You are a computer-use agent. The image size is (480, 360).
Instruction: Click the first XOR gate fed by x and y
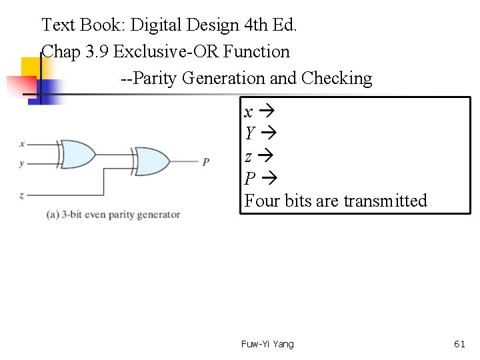[77, 154]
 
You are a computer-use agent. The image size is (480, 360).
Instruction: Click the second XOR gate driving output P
[151, 161]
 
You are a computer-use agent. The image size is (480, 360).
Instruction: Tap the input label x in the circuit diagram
[22, 143]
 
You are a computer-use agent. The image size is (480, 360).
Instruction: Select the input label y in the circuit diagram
[22, 163]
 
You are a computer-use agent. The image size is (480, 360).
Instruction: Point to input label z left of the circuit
[22, 195]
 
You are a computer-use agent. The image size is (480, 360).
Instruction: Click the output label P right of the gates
[206, 161]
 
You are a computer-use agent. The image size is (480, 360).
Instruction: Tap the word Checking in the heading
[337, 79]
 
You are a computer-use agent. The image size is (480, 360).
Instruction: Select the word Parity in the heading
[156, 79]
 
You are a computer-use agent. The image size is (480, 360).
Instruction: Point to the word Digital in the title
[157, 25]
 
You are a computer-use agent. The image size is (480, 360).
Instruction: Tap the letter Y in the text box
[249, 134]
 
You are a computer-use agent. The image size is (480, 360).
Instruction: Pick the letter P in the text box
[250, 179]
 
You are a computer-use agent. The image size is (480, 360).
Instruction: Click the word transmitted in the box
[385, 201]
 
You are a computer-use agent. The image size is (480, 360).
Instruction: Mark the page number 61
[459, 344]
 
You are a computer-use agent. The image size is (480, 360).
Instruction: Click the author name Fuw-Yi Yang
[267, 344]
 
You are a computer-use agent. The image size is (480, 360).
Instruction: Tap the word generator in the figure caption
[157, 215]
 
